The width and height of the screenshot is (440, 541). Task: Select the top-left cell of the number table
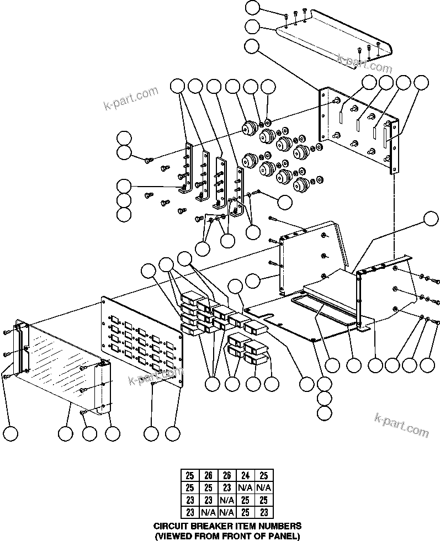coord(190,475)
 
